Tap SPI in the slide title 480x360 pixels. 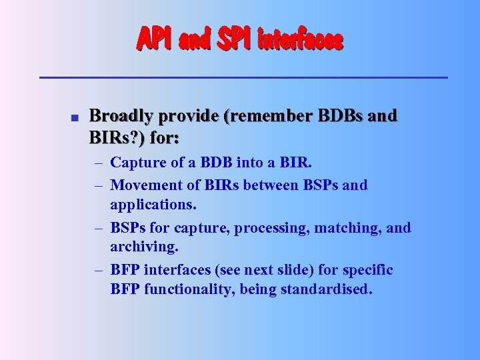231,41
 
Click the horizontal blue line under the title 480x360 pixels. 243,78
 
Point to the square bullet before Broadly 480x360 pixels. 75,118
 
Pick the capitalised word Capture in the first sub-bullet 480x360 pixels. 136,163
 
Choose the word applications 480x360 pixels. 150,203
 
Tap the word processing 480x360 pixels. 267,229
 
